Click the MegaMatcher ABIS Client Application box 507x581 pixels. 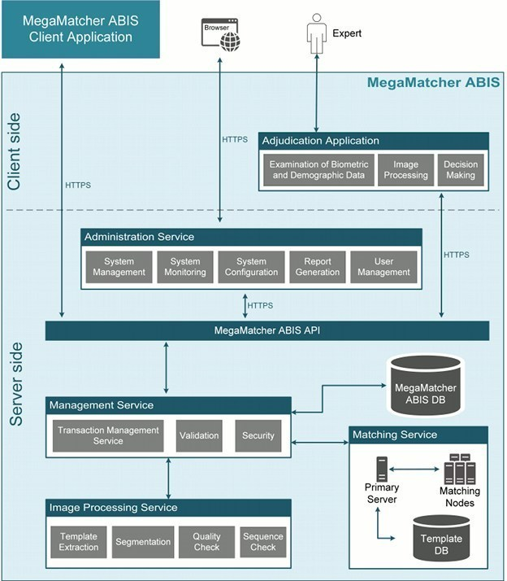tap(79, 28)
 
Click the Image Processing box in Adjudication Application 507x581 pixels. tap(405, 169)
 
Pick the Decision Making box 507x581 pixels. tap(461, 169)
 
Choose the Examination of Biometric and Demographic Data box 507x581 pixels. tap(318, 169)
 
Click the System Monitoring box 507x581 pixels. tap(185, 267)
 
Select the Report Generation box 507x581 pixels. tap(318, 267)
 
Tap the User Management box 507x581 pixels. tap(383, 267)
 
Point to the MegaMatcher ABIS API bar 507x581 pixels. tap(267, 330)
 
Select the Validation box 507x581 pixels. tap(199, 435)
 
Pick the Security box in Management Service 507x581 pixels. tap(258, 435)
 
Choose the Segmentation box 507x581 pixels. tap(143, 542)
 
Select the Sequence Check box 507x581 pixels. tap(263, 542)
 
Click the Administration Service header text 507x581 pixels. tap(140, 237)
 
